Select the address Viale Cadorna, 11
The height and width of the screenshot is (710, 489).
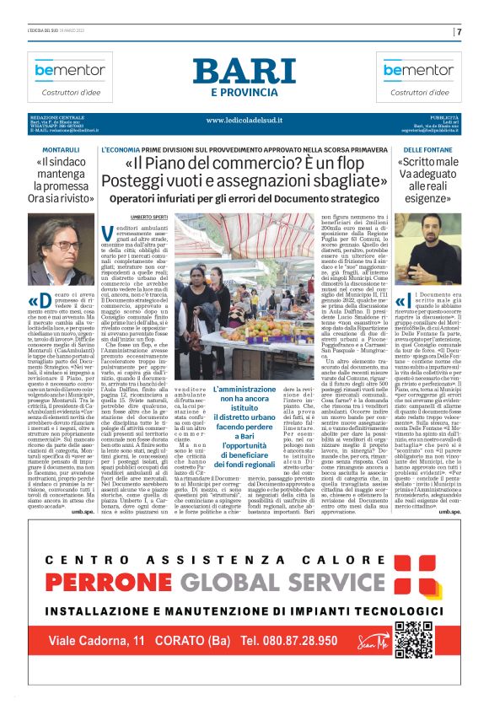[x=105, y=664]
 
